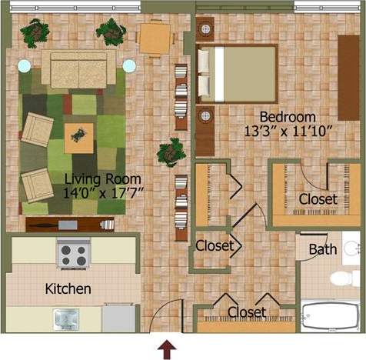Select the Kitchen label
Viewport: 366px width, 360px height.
click(x=68, y=289)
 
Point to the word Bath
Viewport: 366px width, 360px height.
click(x=323, y=249)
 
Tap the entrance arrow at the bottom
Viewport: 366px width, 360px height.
click(x=166, y=351)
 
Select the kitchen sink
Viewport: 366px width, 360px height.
click(x=66, y=318)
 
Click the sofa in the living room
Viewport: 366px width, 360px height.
click(x=78, y=68)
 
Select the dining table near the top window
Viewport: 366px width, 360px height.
click(x=155, y=36)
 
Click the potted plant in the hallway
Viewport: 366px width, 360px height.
click(x=169, y=152)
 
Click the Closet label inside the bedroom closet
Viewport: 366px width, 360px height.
click(x=318, y=199)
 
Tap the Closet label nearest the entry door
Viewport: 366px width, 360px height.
click(x=247, y=312)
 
